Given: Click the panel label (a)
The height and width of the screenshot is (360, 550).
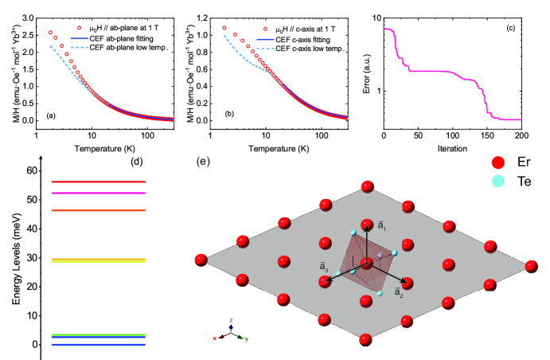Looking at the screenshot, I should [51, 116].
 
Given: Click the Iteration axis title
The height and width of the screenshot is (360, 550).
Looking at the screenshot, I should [458, 147].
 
